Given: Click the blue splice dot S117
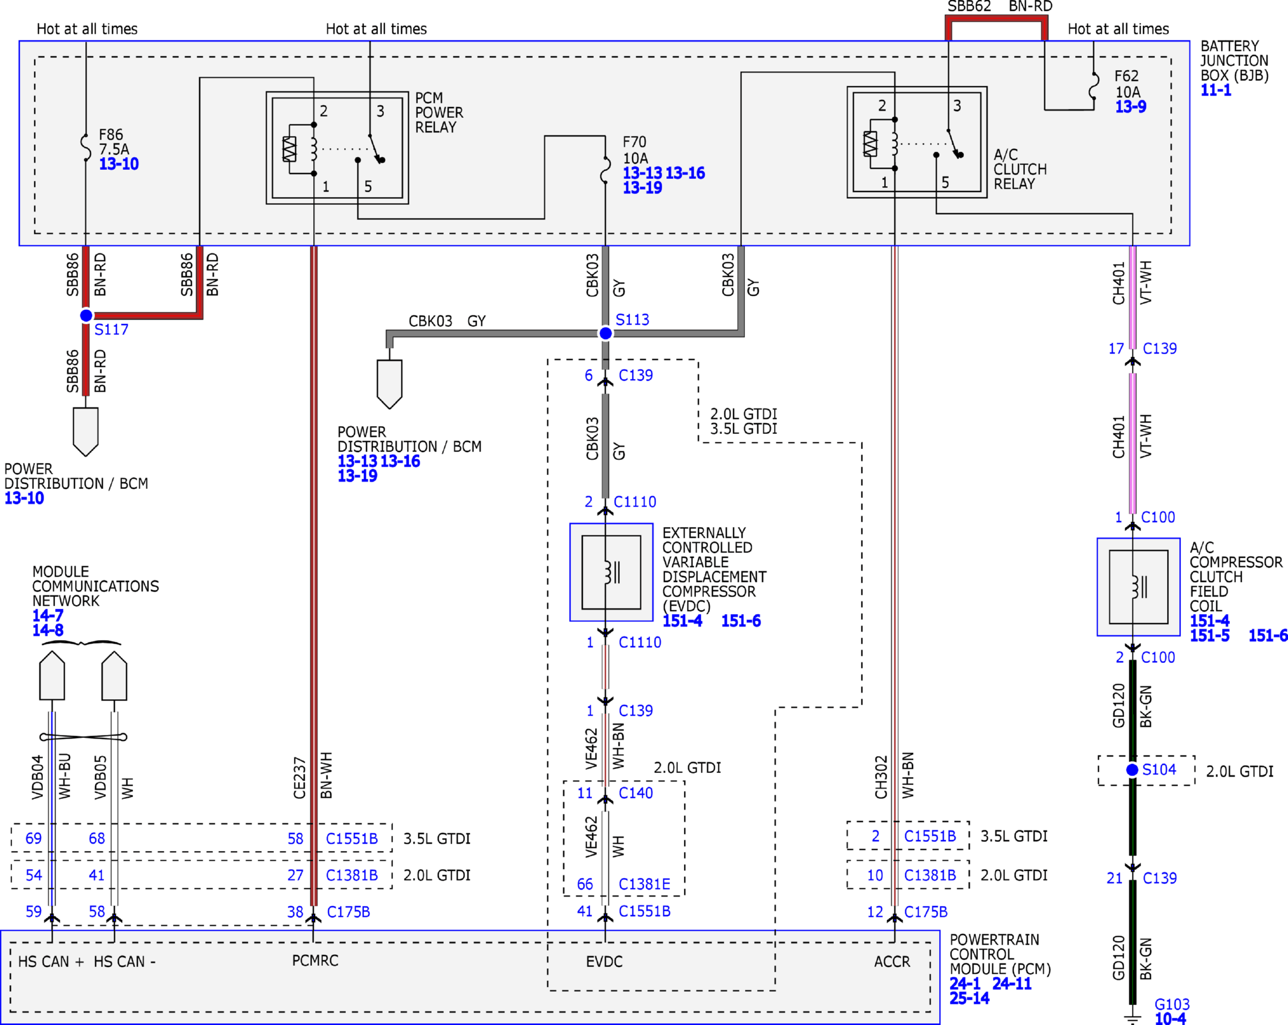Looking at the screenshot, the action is click(86, 315).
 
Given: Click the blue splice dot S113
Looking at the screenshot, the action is click(605, 333).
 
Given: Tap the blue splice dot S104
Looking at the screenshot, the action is click(1132, 770).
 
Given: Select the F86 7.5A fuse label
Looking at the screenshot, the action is click(114, 142).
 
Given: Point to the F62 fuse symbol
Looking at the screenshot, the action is click(1094, 86).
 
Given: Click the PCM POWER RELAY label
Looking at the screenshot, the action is click(439, 112).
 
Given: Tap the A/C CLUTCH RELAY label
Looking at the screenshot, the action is click(1020, 169).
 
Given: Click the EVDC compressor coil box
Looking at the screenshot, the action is click(611, 572).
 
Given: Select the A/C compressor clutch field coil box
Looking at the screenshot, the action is click(1139, 587).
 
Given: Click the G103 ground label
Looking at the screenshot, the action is click(1172, 1004).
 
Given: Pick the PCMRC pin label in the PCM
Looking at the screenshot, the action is click(315, 961).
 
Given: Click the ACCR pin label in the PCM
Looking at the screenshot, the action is click(892, 962).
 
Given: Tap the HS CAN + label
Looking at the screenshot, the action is click(51, 962).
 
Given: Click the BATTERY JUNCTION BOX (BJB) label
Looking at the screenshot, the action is click(1234, 61).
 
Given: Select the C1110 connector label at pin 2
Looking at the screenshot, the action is click(635, 502).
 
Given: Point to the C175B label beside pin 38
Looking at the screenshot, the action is click(348, 912).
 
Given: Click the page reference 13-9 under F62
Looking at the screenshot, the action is click(1131, 107).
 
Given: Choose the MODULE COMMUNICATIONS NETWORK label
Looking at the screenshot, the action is click(96, 586).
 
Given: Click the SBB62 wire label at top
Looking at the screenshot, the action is click(969, 7).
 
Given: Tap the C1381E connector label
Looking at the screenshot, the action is click(645, 885).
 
